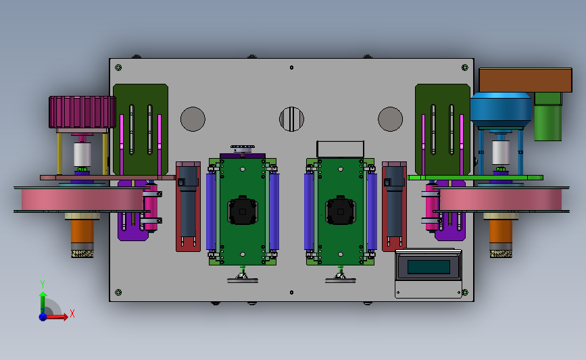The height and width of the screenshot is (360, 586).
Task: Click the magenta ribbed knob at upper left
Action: point(82,112)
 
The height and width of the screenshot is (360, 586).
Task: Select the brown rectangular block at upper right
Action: point(525,80)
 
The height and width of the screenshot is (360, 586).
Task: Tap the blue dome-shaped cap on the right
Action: point(501,110)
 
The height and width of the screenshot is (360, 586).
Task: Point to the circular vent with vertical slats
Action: point(291,119)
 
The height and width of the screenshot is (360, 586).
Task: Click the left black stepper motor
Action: point(243,210)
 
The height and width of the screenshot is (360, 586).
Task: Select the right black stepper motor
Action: point(341,210)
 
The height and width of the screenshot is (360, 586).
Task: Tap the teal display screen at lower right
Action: point(429,267)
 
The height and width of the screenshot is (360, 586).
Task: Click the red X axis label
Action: point(72,313)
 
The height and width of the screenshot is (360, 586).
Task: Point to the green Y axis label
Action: point(43,284)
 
